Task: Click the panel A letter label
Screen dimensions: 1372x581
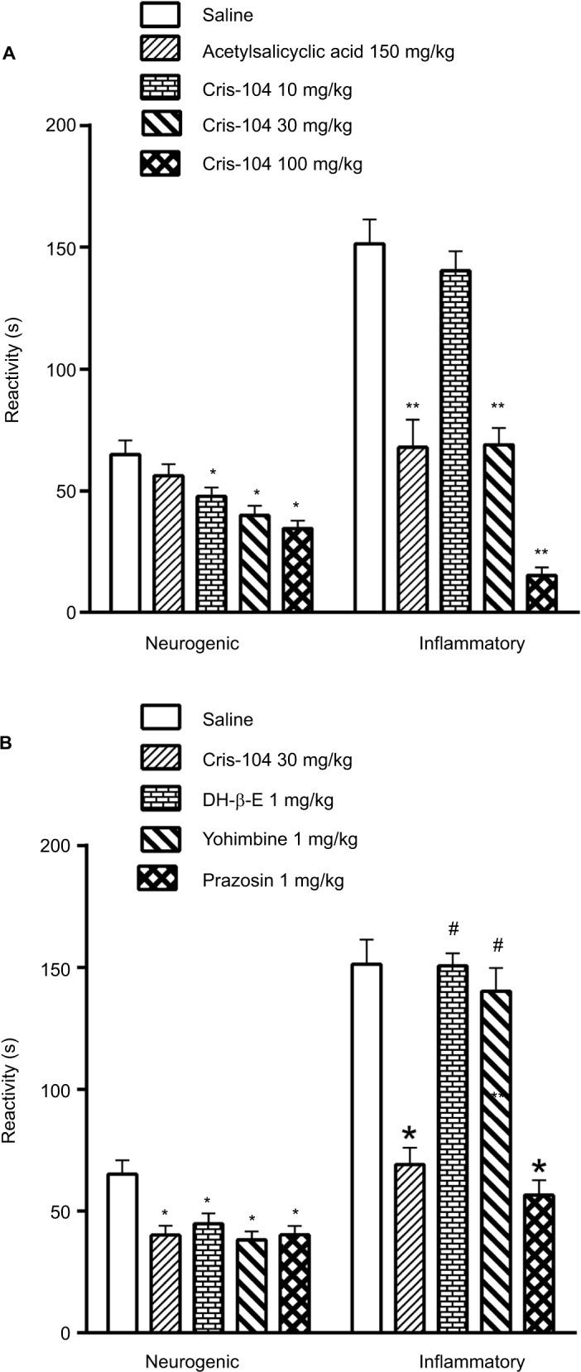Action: click(9, 54)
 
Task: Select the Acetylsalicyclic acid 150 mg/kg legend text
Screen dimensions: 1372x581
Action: click(328, 52)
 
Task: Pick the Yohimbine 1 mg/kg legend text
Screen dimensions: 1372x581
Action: click(280, 840)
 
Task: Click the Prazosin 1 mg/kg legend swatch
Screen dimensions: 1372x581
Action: click(157, 880)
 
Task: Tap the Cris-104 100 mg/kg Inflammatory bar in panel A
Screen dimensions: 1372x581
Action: click(541, 593)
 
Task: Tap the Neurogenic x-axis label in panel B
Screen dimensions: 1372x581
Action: click(192, 1360)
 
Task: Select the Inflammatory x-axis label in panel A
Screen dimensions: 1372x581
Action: click(472, 643)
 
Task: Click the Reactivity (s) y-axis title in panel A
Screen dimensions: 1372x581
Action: click(12, 369)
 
